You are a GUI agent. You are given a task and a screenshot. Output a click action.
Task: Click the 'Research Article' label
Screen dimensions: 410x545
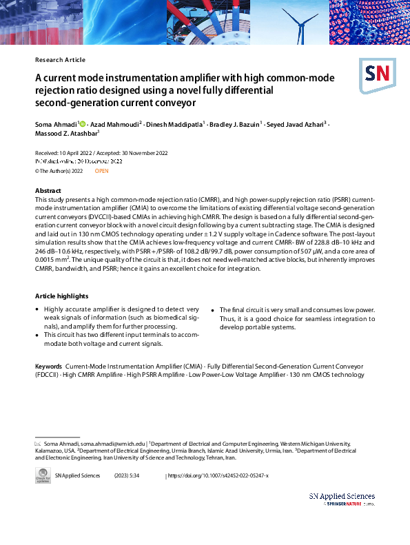click(x=60, y=60)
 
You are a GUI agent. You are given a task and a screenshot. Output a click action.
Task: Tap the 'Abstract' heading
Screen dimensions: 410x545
click(x=48, y=191)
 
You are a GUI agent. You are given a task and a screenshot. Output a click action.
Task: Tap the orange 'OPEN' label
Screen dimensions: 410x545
click(x=101, y=170)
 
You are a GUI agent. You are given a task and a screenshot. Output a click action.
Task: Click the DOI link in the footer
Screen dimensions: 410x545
click(x=219, y=476)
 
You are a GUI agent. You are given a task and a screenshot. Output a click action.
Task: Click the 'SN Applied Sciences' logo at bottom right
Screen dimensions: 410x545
click(x=342, y=500)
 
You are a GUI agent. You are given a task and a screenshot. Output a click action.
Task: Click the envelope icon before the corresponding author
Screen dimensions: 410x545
click(x=38, y=444)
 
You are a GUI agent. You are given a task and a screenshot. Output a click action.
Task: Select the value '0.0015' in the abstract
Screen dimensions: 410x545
click(x=45, y=261)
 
